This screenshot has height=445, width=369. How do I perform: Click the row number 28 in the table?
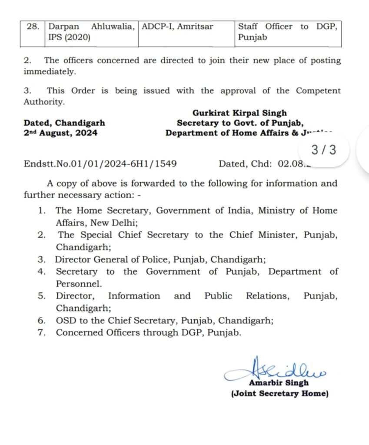tap(32, 27)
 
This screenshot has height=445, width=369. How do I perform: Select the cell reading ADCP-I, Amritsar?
tap(178, 27)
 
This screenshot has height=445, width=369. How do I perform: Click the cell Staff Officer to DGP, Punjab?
tap(287, 32)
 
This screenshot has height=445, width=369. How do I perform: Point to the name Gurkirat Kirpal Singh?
tap(240, 113)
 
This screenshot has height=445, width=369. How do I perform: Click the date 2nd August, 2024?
tap(60, 133)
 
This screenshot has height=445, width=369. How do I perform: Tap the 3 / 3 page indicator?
tap(324, 150)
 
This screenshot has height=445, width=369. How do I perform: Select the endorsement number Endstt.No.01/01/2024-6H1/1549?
tap(100, 164)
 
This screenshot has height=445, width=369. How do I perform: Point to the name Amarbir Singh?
tap(279, 383)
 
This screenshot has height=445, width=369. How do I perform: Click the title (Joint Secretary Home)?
tap(279, 394)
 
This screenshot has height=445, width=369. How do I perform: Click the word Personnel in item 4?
tap(78, 284)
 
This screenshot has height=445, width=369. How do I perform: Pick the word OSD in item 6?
tap(65, 321)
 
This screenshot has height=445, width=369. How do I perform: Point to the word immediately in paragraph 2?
tap(50, 71)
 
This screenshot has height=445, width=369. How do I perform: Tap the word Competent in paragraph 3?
tap(318, 91)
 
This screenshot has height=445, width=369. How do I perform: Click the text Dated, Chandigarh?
tap(64, 123)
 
